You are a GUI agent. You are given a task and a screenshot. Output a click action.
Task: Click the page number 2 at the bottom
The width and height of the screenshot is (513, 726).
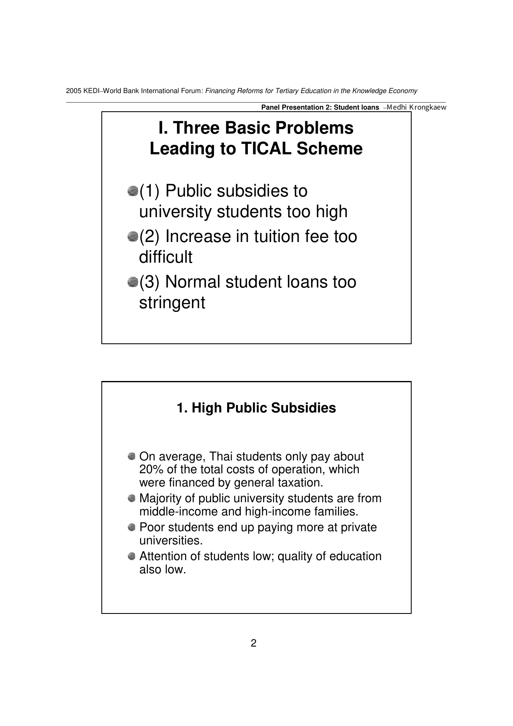click(x=254, y=643)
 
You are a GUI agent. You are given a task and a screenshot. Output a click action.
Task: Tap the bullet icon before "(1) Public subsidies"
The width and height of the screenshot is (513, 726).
click(x=132, y=191)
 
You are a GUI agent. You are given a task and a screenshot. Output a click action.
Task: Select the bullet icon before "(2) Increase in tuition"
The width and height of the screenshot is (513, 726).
click(x=132, y=237)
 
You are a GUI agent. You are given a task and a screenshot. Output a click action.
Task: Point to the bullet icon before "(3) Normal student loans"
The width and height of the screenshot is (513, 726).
click(x=132, y=282)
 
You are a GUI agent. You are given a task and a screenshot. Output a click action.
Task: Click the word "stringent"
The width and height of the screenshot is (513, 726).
click(x=172, y=303)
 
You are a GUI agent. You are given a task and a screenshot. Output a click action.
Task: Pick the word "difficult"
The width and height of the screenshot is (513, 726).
click(x=165, y=257)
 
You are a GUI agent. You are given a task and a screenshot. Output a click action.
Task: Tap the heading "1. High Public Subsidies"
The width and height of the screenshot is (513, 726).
click(x=256, y=408)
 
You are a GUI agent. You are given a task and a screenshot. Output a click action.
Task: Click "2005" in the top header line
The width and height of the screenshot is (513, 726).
click(x=73, y=91)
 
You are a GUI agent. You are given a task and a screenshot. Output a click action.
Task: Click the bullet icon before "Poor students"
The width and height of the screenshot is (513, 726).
click(x=132, y=527)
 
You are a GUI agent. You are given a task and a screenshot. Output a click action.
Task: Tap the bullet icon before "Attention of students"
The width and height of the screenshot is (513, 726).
click(x=132, y=556)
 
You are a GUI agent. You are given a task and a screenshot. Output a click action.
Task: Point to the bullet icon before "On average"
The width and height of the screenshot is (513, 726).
click(x=132, y=456)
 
